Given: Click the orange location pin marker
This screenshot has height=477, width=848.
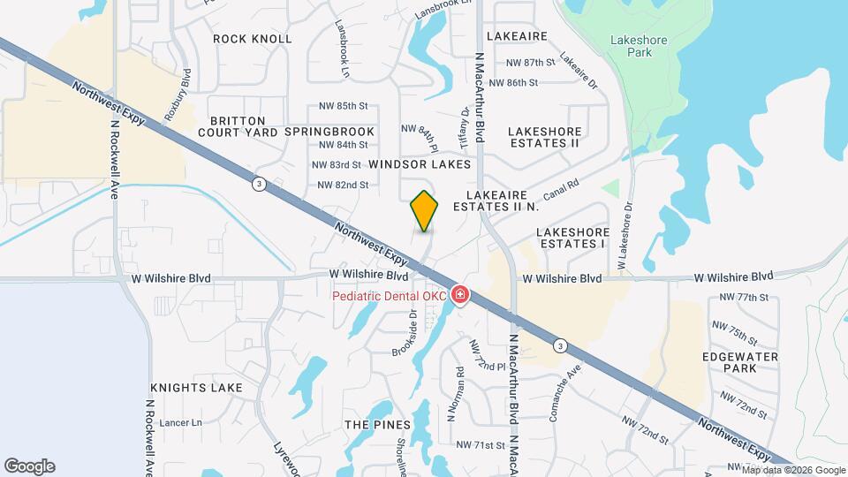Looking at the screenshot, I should click(x=425, y=210).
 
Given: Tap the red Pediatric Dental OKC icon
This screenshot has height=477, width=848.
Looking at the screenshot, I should click(x=459, y=295).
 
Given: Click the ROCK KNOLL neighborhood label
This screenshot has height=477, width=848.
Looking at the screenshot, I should click(x=253, y=39).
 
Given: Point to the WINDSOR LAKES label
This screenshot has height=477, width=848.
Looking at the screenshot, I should click(x=420, y=164).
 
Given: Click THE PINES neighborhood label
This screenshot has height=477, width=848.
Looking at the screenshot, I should click(x=367, y=425).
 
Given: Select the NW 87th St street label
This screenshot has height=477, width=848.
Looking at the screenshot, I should click(x=529, y=63).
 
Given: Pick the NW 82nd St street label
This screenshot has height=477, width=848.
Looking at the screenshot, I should click(x=343, y=185).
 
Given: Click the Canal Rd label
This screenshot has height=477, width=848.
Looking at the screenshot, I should click(x=561, y=188).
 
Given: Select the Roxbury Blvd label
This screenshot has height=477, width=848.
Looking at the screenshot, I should click(x=178, y=95).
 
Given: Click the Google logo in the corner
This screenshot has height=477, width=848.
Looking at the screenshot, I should click(x=29, y=466).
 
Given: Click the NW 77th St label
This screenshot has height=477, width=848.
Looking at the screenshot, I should click(x=744, y=298).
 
